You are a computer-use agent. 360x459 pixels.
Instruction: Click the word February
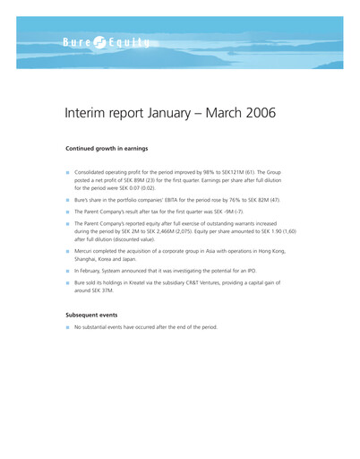(x=93, y=269)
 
